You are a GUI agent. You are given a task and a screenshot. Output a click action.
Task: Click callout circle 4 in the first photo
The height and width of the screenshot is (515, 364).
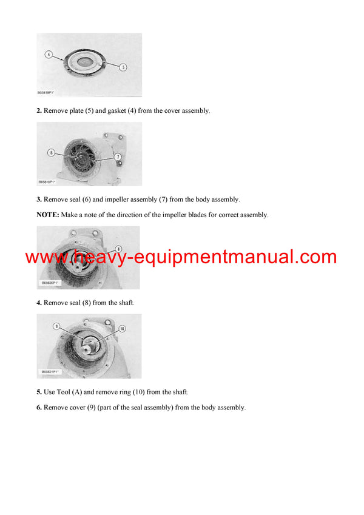(x=48, y=55)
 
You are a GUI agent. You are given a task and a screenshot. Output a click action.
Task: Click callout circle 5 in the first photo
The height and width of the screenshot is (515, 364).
(x=123, y=67)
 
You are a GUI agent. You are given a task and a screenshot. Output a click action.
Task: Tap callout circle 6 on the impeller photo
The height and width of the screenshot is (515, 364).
(x=52, y=152)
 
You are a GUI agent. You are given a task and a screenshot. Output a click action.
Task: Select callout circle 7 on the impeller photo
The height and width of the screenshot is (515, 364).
(x=118, y=157)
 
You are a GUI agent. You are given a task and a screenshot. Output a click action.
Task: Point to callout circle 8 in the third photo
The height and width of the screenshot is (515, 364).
(x=118, y=249)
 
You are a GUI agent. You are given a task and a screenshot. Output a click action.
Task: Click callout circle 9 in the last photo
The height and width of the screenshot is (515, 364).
(x=56, y=326)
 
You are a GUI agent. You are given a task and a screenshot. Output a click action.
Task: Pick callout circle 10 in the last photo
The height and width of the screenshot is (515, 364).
(x=122, y=328)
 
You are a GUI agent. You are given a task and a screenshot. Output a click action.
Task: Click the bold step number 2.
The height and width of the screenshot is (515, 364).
(x=39, y=111)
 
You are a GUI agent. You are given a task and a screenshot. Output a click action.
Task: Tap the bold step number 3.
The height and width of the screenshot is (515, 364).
(x=39, y=199)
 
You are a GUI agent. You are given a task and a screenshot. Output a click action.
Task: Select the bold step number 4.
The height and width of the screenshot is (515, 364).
(x=39, y=302)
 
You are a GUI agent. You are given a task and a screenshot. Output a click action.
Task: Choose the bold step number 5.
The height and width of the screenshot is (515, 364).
(x=39, y=392)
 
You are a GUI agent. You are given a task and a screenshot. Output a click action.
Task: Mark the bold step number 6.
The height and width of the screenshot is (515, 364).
(x=39, y=408)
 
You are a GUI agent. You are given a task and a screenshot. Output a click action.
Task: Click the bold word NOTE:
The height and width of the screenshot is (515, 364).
(x=48, y=215)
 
